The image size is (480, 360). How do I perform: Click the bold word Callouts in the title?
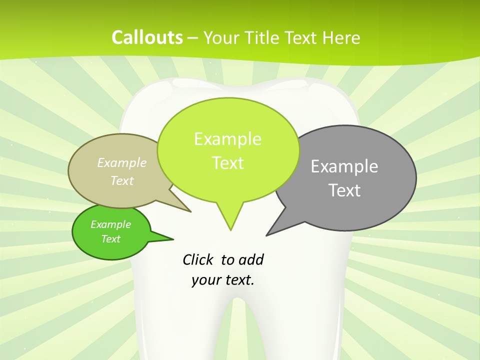click(147, 37)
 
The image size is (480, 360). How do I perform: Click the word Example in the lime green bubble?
click(227, 139)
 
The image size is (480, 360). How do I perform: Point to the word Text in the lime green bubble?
click(227, 163)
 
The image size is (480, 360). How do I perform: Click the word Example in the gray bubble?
click(344, 166)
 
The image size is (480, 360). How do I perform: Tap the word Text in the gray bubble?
click(344, 190)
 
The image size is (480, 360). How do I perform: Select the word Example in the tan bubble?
click(122, 162)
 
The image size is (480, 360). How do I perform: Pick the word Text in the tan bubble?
click(122, 180)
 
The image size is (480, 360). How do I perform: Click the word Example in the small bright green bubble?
click(110, 224)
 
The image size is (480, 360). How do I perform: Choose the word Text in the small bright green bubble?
click(110, 239)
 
